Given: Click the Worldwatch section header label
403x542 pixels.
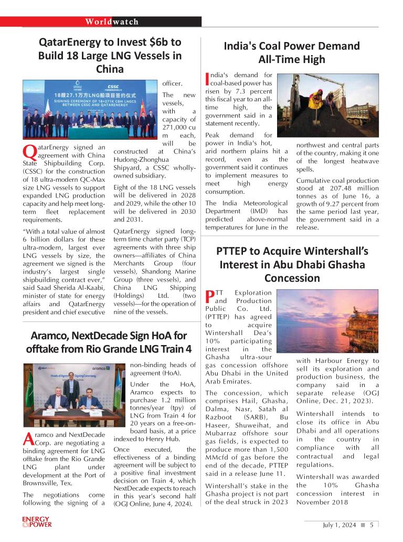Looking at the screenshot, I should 112,22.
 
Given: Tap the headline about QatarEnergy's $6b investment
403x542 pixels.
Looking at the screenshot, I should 110,55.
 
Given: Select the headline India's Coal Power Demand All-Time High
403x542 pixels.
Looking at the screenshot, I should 292,53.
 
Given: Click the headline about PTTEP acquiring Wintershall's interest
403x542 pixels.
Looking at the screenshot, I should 292,264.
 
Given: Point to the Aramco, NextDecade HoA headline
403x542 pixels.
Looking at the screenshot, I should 109,342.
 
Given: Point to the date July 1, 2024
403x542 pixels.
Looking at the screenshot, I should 339,525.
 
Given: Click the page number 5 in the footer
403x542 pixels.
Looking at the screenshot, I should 371,525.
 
